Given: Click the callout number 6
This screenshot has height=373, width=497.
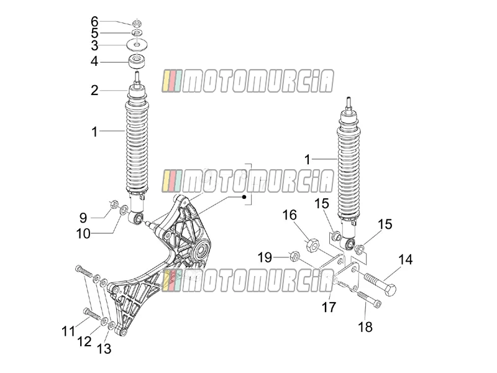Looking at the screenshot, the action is pyautogui.click(x=94, y=22).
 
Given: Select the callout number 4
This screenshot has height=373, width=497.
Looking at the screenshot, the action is pyautogui.click(x=94, y=61).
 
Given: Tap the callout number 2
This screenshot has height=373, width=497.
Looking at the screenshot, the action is pyautogui.click(x=94, y=90).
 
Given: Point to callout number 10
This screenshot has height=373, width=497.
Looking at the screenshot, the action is pyautogui.click(x=83, y=234).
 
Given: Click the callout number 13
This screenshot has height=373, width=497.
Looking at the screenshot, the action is pyautogui.click(x=104, y=349).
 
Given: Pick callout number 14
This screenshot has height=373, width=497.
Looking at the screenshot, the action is pyautogui.click(x=406, y=259).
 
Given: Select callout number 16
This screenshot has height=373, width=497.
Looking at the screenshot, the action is pyautogui.click(x=290, y=215).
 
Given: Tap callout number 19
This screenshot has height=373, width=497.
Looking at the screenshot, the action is pyautogui.click(x=265, y=257).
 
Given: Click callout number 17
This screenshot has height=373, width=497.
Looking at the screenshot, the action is pyautogui.click(x=329, y=307).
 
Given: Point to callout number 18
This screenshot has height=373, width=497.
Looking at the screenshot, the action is pyautogui.click(x=365, y=327).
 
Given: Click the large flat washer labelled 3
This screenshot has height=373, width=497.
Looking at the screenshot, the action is pyautogui.click(x=137, y=44).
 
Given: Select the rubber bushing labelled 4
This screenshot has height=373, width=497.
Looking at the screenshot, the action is pyautogui.click(x=137, y=61).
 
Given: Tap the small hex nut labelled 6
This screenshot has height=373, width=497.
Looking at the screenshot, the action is pyautogui.click(x=137, y=23).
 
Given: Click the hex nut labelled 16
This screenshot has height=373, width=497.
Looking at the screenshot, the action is pyautogui.click(x=312, y=246).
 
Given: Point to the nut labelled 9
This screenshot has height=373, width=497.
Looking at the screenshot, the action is pyautogui.click(x=114, y=205).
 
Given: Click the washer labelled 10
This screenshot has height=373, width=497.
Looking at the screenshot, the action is pyautogui.click(x=124, y=210).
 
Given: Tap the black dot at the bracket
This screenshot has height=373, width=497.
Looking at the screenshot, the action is pyautogui.click(x=244, y=197).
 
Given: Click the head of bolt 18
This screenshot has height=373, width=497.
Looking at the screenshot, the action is pyautogui.click(x=378, y=304).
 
